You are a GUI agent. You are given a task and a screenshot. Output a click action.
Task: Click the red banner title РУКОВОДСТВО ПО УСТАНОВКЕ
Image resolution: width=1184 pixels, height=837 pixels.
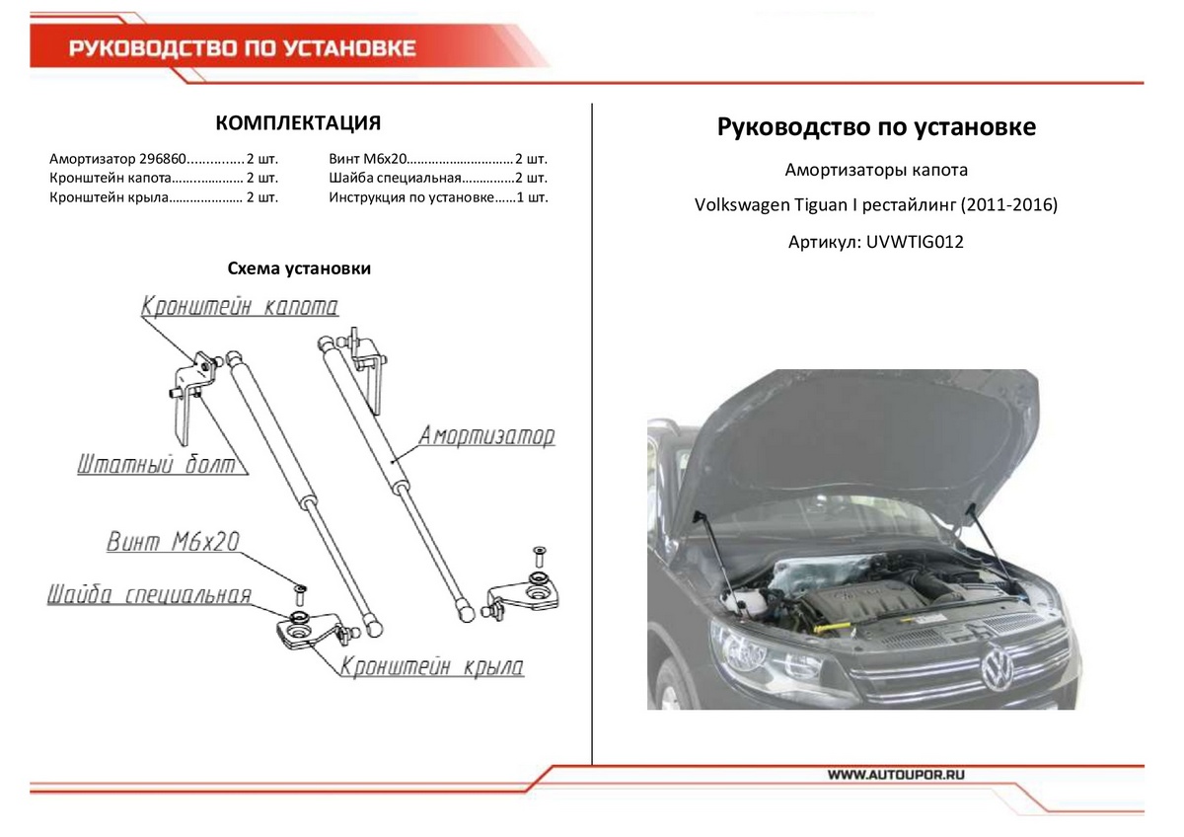242,49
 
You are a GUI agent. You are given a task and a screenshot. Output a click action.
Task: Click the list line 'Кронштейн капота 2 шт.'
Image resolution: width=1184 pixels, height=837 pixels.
163,179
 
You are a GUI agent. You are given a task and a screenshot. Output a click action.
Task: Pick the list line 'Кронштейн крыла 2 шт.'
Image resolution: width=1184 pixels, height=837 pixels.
163,197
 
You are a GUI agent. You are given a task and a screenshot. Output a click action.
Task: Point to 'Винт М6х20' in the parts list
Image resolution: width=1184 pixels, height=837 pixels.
366,159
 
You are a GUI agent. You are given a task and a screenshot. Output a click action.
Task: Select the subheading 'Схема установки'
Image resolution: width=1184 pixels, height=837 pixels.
299,268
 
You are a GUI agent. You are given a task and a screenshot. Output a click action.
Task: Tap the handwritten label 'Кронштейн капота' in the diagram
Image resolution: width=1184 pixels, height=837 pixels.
240,307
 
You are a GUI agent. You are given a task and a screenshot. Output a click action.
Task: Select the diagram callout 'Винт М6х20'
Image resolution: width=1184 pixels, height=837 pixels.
173,542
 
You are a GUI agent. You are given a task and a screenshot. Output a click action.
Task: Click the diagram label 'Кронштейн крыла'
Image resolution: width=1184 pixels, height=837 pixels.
432,667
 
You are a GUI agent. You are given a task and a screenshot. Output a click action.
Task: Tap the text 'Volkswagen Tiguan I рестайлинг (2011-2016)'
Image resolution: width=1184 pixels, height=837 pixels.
875,205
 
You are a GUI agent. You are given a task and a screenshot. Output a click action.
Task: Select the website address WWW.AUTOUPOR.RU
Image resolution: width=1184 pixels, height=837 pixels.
895,776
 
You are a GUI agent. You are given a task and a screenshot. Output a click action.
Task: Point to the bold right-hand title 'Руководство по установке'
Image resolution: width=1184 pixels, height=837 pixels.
875,127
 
